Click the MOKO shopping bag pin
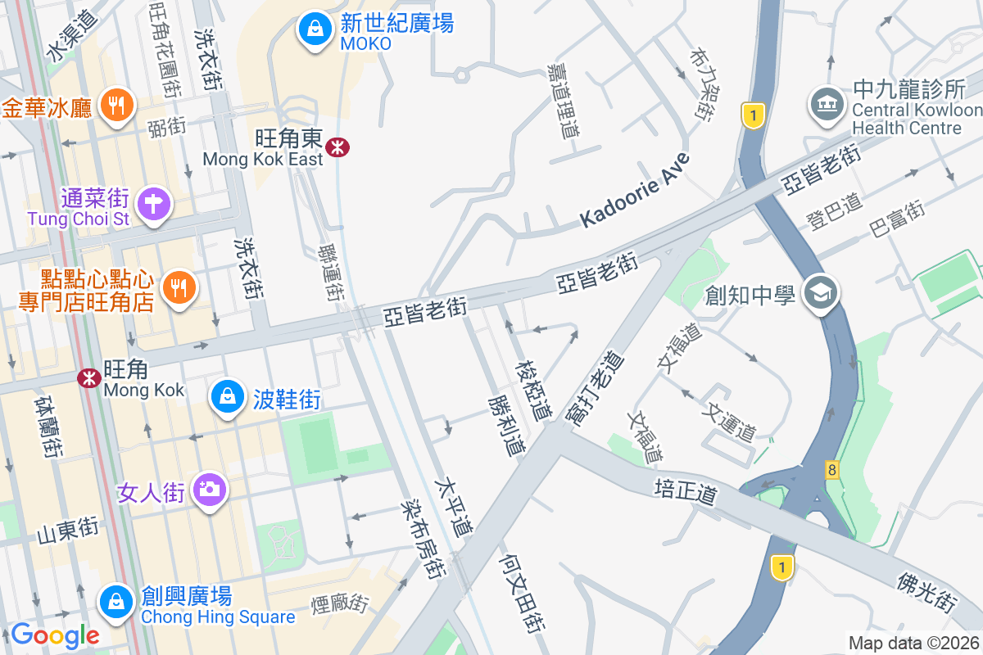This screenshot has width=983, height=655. [x=312, y=31]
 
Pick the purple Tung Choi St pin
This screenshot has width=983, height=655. [x=154, y=202]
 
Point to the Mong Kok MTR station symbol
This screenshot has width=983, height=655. [x=88, y=377]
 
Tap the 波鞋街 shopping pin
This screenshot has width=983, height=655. [x=228, y=398]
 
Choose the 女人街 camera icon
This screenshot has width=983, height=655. [x=210, y=490]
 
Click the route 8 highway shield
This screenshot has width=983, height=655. [x=832, y=469]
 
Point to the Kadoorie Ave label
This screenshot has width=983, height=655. [x=636, y=191]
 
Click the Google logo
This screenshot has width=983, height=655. [x=55, y=635]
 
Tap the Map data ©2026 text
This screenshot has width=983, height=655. [x=913, y=643]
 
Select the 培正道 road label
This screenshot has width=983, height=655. [x=686, y=492]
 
